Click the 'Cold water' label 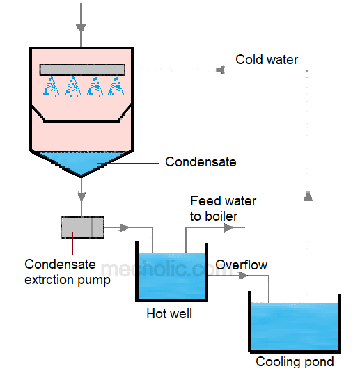pyautogui.click(x=266, y=60)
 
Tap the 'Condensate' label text pyautogui.click(x=201, y=162)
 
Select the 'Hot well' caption pyautogui.click(x=169, y=314)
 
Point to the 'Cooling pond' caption pyautogui.click(x=295, y=361)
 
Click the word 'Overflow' pyautogui.click(x=241, y=265)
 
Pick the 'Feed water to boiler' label pyautogui.click(x=223, y=208)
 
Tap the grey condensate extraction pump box pyautogui.click(x=82, y=228)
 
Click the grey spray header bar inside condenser pyautogui.click(x=81, y=70)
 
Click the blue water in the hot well pyautogui.click(x=171, y=275)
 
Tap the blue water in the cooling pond pyautogui.click(x=295, y=327)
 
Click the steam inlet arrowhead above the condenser pyautogui.click(x=81, y=29)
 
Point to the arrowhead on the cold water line pyautogui.click(x=219, y=70)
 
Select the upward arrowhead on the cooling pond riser pyautogui.click(x=308, y=196)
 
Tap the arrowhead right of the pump pyautogui.click(x=124, y=228)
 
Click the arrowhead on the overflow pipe pyautogui.click(x=242, y=276)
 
